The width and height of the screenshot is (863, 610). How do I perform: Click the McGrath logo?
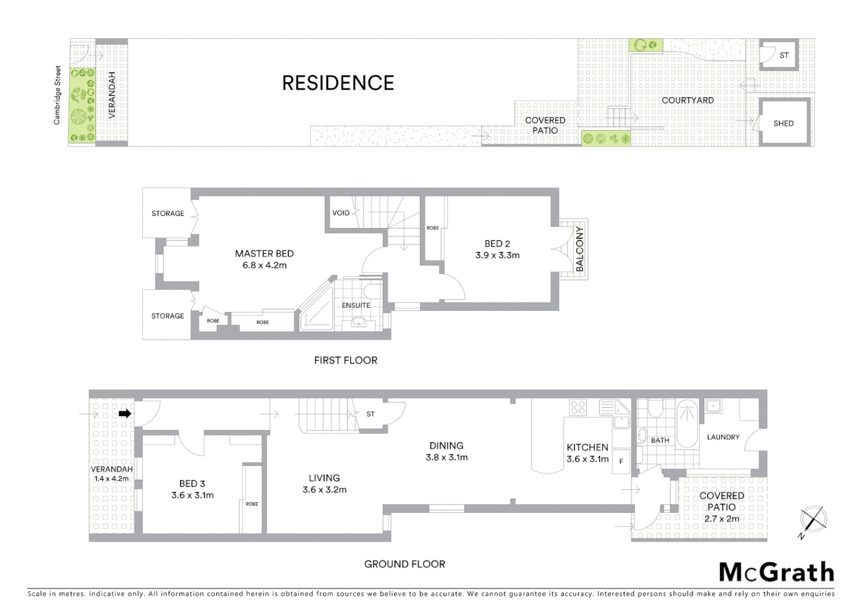776,572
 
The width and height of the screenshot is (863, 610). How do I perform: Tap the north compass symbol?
813,519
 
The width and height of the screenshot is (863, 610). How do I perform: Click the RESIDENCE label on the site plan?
338,83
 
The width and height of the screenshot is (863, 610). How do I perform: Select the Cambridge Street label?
57,95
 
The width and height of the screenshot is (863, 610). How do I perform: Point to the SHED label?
783,123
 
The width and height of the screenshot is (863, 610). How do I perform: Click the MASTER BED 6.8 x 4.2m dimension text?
264,265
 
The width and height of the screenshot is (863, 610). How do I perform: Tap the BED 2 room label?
497,243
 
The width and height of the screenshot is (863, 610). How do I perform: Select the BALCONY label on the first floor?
579,249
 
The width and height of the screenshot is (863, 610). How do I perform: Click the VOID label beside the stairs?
341,213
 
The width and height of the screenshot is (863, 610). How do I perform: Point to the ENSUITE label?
356,305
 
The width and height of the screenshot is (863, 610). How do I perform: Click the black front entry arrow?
125,414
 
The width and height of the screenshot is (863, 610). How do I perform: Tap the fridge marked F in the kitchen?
621,461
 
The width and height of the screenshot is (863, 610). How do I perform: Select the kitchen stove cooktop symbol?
578,407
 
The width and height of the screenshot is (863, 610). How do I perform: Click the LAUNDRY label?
723,437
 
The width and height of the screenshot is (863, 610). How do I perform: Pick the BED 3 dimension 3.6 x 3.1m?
192,495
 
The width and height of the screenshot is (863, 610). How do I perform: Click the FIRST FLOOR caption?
346,360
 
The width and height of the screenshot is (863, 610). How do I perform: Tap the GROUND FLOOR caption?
404,564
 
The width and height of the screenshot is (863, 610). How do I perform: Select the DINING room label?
446,446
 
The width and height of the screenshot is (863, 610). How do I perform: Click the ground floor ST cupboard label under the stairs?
371,414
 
